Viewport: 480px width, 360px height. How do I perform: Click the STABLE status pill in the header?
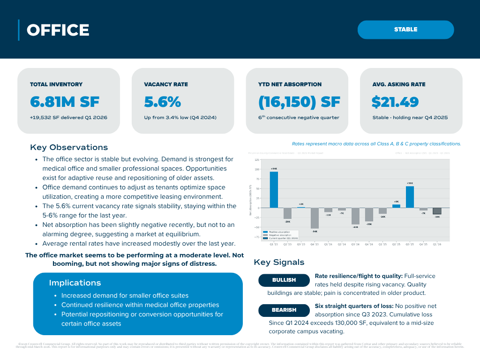[x=405, y=30]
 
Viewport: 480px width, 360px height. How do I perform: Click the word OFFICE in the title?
[x=58, y=30]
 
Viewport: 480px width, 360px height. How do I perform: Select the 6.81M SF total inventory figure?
[x=65, y=102]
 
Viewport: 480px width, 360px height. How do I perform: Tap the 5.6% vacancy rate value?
[x=162, y=102]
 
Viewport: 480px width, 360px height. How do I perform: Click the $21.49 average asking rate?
[x=395, y=102]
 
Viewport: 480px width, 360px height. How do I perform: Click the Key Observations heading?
[x=69, y=147]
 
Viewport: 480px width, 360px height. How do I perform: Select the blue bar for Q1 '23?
[x=274, y=189]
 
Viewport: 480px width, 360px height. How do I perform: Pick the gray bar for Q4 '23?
[x=315, y=218]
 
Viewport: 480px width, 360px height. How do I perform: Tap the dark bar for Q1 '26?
[x=437, y=211]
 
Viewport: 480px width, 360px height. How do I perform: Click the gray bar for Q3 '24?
[x=355, y=216]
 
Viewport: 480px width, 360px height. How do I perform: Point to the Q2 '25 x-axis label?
[x=396, y=244]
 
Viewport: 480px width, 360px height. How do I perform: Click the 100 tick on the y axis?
[x=257, y=169]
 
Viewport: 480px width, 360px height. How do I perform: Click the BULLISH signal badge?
[x=284, y=280]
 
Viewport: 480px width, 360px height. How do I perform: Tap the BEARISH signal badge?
[x=284, y=310]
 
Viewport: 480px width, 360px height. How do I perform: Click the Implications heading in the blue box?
[x=75, y=283]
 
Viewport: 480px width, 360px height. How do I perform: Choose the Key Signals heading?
[x=279, y=262]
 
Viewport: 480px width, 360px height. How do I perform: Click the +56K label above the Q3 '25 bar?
[x=410, y=183]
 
